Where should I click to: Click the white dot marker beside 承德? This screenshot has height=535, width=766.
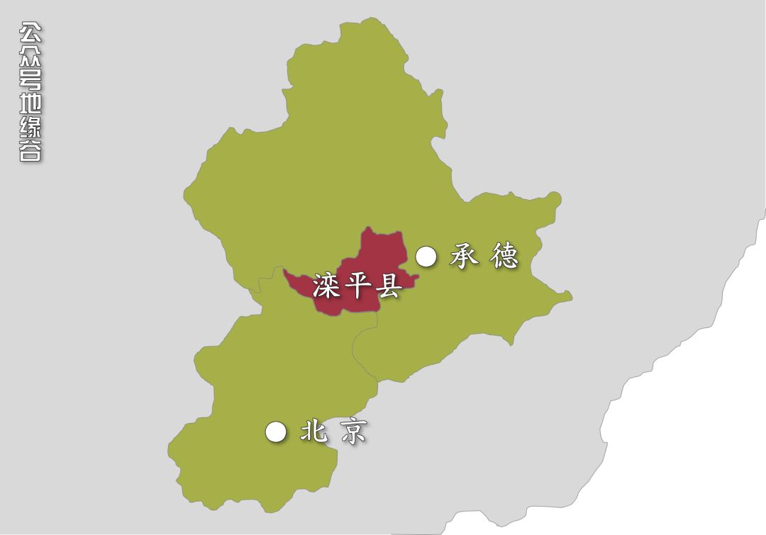tap(426, 257)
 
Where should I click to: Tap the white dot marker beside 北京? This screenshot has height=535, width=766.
tap(276, 432)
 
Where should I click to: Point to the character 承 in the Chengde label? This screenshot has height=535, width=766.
tap(465, 257)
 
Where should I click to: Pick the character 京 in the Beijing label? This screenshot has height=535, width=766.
tap(353, 432)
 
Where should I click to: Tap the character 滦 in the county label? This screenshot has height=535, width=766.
tap(326, 287)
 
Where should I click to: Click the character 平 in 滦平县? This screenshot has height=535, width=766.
tap(357, 287)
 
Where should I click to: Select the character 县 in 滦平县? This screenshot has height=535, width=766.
tap(388, 287)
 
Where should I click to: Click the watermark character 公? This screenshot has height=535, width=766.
tap(30, 34)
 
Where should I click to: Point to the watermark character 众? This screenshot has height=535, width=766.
tap(30, 57)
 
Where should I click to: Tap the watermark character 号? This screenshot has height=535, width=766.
tap(30, 80)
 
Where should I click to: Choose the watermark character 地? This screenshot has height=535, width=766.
tap(30, 103)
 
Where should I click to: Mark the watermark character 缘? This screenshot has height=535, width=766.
tap(30, 128)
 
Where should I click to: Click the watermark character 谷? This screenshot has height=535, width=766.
tap(30, 150)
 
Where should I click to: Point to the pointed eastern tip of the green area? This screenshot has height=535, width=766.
tap(570, 297)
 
